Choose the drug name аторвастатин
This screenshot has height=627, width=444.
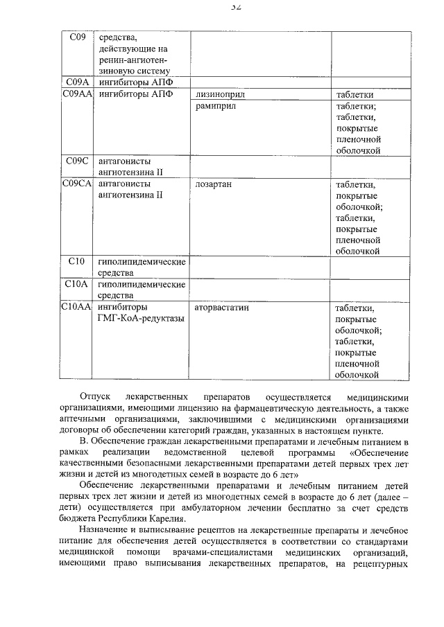tap(222, 307)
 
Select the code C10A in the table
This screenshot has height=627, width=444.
tap(77, 284)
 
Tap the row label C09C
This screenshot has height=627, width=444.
tap(77, 161)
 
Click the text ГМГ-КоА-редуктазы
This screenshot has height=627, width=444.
tap(142, 318)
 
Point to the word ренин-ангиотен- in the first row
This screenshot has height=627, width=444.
tap(133, 60)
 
